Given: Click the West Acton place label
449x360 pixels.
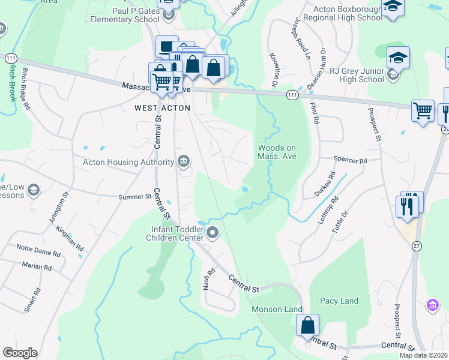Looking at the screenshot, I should pos(162,108).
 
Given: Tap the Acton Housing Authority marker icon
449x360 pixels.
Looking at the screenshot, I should pos(184,161).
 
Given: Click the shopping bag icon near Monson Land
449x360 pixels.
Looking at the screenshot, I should pos(308,325).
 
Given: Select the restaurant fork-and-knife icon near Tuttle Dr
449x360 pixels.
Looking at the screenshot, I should pos(409,206).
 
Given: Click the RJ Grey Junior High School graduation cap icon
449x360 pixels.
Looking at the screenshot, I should pos(397,58).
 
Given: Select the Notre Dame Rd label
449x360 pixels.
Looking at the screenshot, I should pos(38,254).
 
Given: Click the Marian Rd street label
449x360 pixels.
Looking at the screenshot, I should pos(37,266).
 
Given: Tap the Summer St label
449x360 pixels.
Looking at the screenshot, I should pos(135,196).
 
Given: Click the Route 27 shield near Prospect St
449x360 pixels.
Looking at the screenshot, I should pos(417,245).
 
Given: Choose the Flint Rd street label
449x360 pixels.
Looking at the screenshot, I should pos(313,113).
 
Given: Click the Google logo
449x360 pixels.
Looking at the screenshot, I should pos(20,353).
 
